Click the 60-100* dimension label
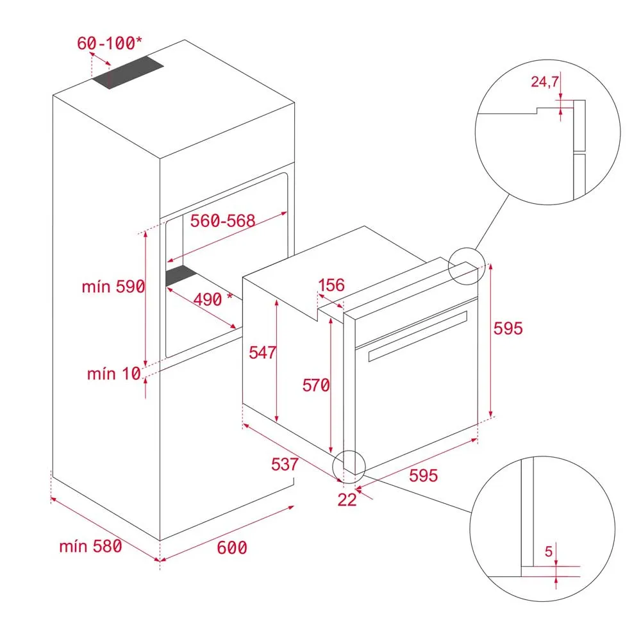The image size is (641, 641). pyautogui.click(x=110, y=43)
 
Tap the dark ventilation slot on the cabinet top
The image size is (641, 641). pyautogui.click(x=128, y=72)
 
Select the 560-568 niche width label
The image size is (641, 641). pyautogui.click(x=223, y=221)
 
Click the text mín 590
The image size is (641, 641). pyautogui.click(x=113, y=287)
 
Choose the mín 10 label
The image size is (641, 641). pyautogui.click(x=114, y=374)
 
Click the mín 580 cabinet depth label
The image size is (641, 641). pyautogui.click(x=91, y=546)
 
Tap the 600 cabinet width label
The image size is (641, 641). pyautogui.click(x=232, y=548)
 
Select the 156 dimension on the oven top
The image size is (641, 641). pyautogui.click(x=331, y=285)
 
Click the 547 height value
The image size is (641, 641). pyautogui.click(x=263, y=353)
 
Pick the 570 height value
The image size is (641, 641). pyautogui.click(x=316, y=385)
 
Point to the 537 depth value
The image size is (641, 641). pyautogui.click(x=285, y=464)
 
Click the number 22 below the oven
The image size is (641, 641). pyautogui.click(x=347, y=499)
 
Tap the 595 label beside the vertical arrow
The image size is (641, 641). pyautogui.click(x=508, y=328)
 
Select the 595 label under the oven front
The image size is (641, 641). pyautogui.click(x=424, y=475)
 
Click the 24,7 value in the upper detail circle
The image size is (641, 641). pyautogui.click(x=545, y=82)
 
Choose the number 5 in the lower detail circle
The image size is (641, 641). pyautogui.click(x=549, y=551)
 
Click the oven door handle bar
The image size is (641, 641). pyautogui.click(x=417, y=337)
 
